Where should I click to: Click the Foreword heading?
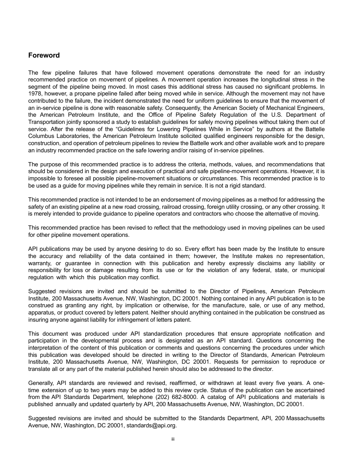pyautogui.click(x=44, y=55)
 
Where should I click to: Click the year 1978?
pyautogui.click(x=34, y=94)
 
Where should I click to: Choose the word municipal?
pyautogui.click(x=311, y=270)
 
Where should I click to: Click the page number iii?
pyautogui.click(x=172, y=439)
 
